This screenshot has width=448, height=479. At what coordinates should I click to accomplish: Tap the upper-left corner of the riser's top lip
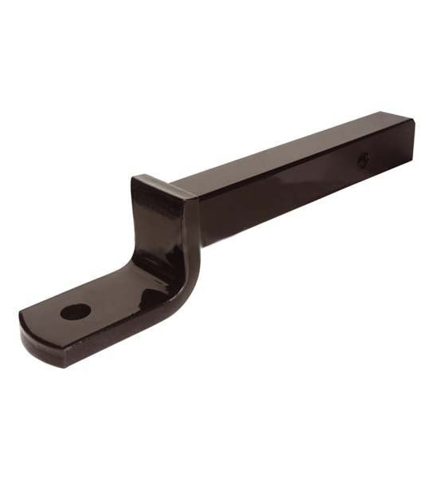tap(136, 178)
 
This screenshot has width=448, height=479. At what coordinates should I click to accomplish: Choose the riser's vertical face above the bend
tap(147, 224)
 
